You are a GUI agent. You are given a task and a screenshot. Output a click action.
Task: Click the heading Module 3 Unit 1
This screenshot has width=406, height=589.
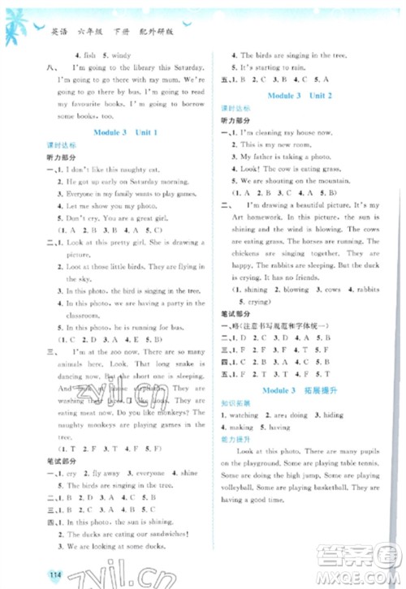pos(125,131)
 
